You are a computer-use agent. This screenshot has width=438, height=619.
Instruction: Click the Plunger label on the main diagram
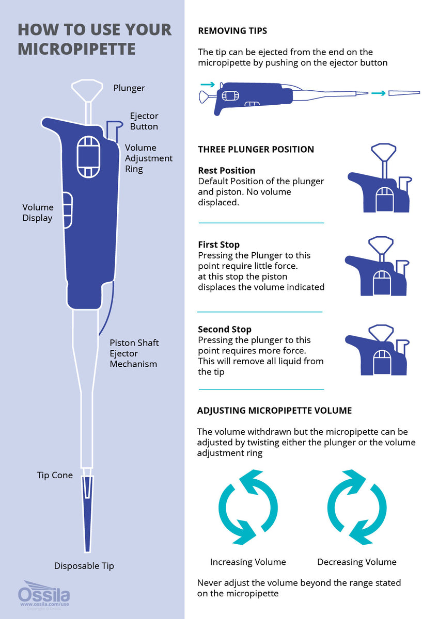point(129,88)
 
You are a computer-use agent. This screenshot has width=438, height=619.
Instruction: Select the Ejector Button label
point(144,121)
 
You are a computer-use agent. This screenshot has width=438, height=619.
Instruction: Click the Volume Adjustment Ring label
point(149,158)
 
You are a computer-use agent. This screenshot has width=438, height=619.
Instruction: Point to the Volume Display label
point(38,213)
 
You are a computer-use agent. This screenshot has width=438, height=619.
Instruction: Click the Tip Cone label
point(55,475)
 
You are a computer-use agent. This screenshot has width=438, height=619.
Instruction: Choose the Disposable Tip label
point(84,566)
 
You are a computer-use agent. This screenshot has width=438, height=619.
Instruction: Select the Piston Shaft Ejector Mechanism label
point(134,353)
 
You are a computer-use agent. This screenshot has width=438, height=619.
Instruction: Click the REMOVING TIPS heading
point(232,31)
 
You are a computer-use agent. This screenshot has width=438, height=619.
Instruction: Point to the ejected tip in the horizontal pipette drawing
point(404,93)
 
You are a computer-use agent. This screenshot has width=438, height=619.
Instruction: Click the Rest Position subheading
point(226,170)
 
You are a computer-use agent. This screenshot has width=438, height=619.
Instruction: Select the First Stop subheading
point(219,245)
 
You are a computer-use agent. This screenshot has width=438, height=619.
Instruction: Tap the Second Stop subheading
point(225,329)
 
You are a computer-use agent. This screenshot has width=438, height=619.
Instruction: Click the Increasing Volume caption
point(248,562)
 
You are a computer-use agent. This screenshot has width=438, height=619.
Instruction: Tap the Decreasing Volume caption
point(357,562)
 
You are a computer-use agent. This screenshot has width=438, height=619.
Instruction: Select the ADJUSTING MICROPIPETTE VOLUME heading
point(274,411)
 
